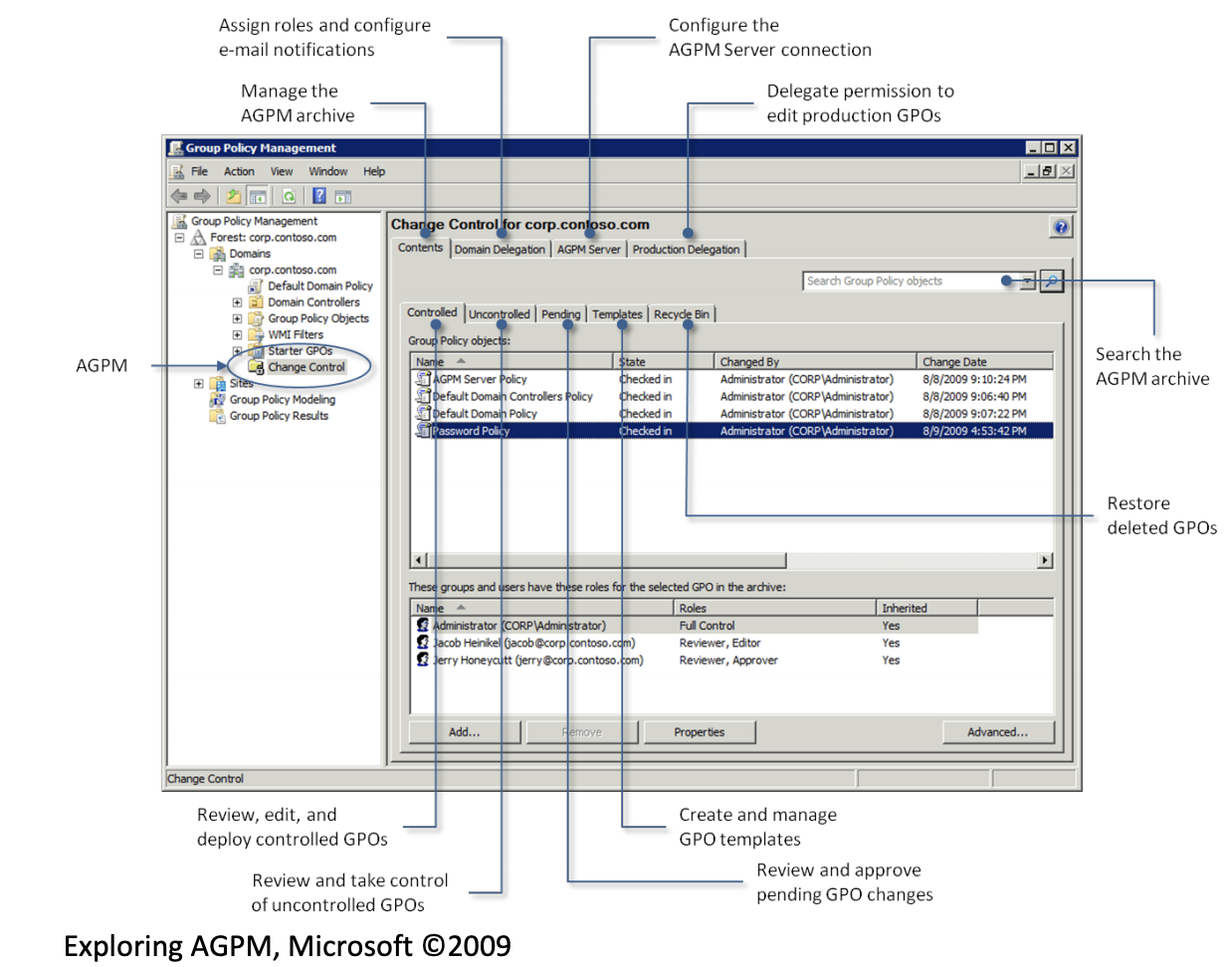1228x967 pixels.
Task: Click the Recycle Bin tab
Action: point(682,314)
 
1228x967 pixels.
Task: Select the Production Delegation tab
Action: point(686,250)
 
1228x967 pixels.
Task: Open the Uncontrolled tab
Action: point(500,314)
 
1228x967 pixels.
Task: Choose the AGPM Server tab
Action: point(588,250)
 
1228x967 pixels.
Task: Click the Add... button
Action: point(464,732)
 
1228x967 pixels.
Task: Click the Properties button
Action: point(699,732)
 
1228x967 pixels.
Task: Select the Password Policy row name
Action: point(471,431)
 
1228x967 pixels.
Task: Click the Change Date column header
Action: point(954,362)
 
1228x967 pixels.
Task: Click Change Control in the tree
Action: point(306,367)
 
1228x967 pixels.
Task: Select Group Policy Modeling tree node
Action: point(282,400)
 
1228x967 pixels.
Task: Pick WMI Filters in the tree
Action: point(295,335)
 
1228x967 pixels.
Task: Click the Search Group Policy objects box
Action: point(906,282)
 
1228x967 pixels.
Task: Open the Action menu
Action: point(239,171)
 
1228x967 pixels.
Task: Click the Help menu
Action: point(373,171)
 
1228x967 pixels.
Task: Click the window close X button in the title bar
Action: point(1068,147)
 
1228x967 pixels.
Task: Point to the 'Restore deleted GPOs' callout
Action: point(1161,515)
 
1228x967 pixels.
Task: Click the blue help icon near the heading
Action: point(1061,227)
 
